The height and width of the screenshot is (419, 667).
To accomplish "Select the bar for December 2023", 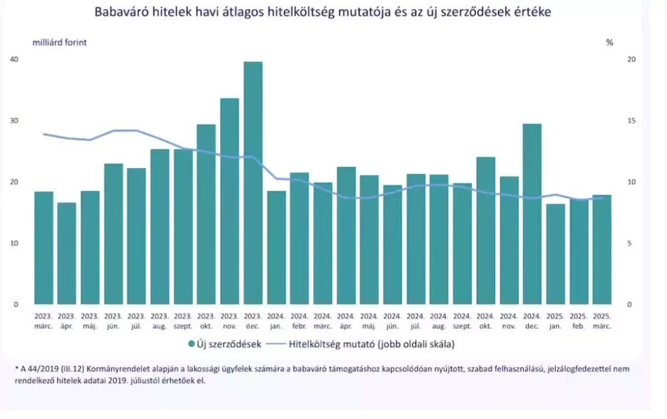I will (x=253, y=183).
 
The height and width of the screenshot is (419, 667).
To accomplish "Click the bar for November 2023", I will (x=229, y=201).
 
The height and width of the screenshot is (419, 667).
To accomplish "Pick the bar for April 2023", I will (x=66, y=253).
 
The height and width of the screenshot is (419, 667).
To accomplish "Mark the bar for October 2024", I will (x=485, y=231).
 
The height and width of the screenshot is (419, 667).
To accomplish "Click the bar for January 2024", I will (x=276, y=248).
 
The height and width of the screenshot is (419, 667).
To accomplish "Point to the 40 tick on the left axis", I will (x=14, y=59).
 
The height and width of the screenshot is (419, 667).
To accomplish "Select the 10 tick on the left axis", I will (x=14, y=244).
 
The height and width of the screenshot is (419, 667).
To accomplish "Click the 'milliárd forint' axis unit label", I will (x=60, y=42).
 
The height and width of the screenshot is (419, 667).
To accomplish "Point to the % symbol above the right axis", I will (x=610, y=42).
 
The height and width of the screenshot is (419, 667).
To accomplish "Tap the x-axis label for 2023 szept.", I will (x=183, y=321).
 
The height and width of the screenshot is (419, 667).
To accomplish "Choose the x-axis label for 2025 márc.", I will (x=601, y=321).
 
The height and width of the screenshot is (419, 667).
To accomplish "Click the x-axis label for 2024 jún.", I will (x=392, y=321).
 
